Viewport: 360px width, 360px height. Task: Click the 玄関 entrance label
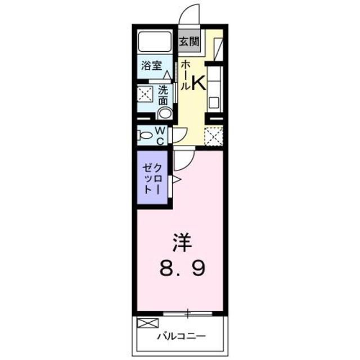[190, 41]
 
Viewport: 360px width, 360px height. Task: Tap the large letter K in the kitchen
[198, 83]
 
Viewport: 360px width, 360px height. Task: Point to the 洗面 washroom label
[163, 95]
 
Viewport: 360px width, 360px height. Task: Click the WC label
[160, 136]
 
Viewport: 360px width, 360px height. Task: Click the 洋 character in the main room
[182, 244]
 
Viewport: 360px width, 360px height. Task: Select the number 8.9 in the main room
[181, 269]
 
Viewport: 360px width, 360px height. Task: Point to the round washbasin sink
[165, 113]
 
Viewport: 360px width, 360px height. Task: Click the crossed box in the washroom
[145, 94]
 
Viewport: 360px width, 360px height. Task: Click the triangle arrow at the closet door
[176, 180]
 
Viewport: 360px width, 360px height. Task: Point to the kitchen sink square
[214, 103]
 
